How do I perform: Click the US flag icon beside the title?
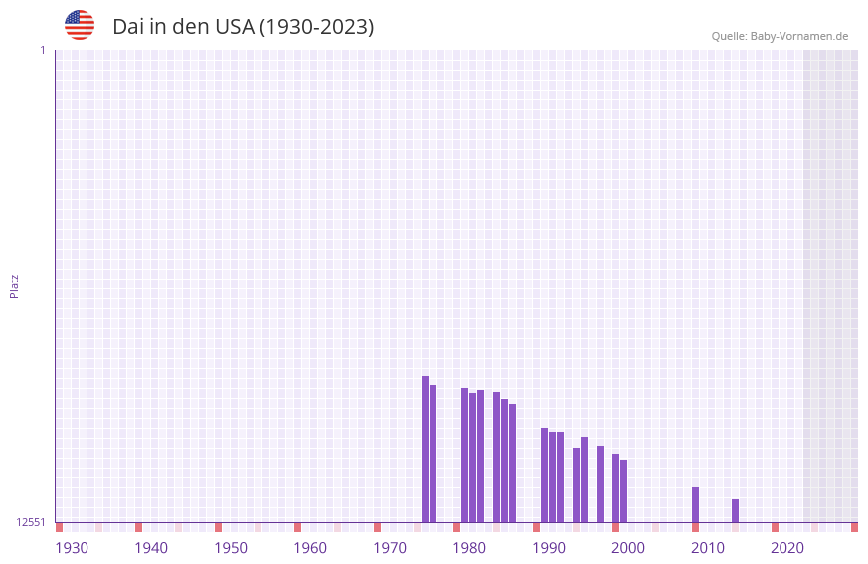coord(80,25)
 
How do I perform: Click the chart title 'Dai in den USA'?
coord(243,27)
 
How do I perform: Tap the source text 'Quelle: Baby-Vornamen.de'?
coord(780,36)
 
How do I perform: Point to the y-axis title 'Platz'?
coord(14,285)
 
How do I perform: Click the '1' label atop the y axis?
coord(42,50)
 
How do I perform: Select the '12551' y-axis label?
coord(30,522)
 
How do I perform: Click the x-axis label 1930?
coord(72,548)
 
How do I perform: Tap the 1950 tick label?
coord(231,548)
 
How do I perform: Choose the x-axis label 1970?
coord(390,548)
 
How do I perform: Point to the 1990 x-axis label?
coord(549,548)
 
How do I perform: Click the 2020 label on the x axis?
coord(787,548)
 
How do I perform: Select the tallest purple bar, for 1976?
coord(425,449)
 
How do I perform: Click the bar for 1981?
coord(464,455)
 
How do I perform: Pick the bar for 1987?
coord(512,463)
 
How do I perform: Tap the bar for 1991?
coord(544,474)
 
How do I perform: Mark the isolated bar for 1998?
coord(600,483)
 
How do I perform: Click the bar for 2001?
coord(623,490)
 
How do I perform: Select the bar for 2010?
coord(695,504)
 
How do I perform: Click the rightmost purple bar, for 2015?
coord(735,510)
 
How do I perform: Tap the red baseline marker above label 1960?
coord(297,527)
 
